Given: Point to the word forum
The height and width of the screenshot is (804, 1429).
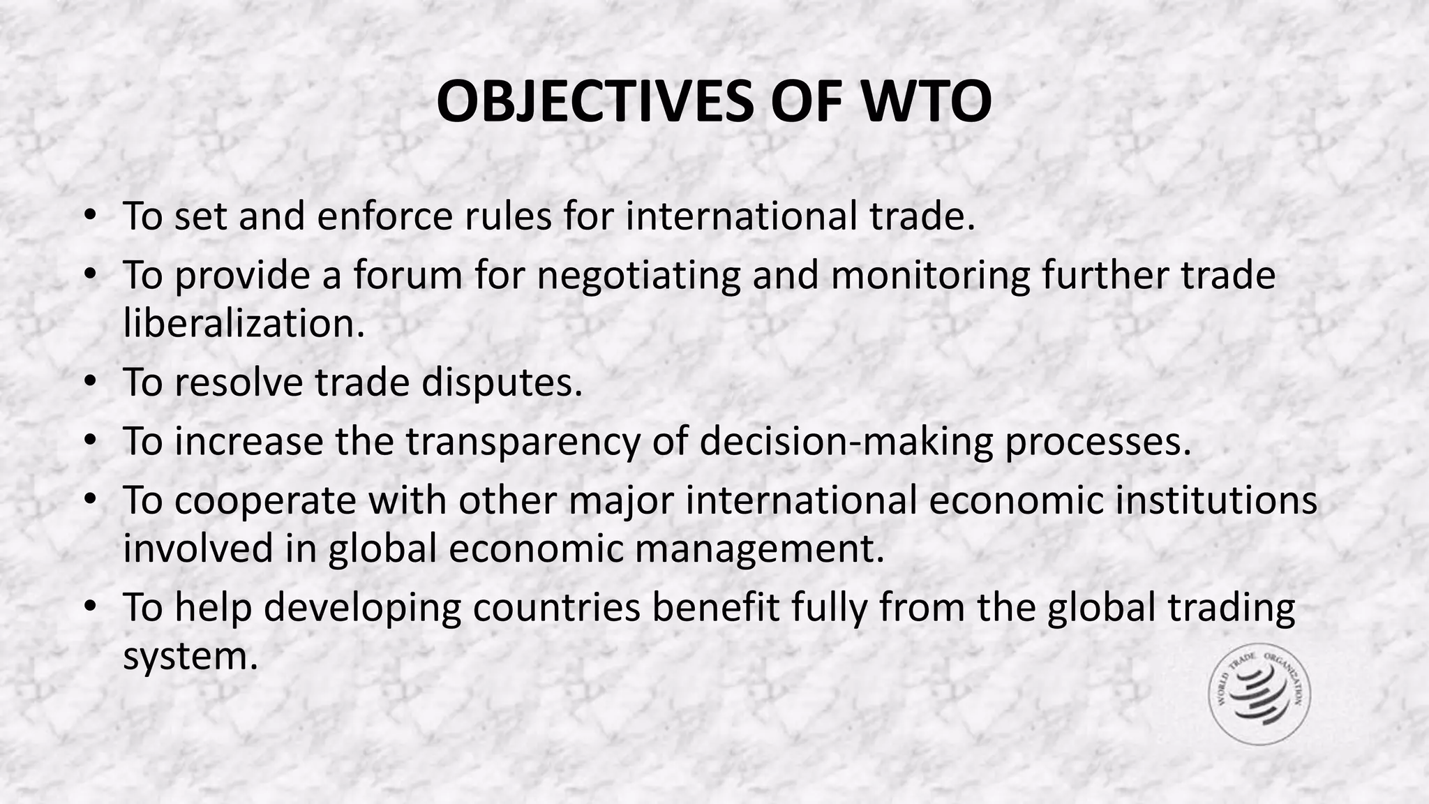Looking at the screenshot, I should coord(407,275).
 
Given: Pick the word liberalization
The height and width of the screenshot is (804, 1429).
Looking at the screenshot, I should coord(244,323).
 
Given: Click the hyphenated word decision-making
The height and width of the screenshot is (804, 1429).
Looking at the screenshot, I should coord(846,441).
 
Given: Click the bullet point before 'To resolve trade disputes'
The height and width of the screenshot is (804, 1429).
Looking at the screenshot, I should coord(89,382).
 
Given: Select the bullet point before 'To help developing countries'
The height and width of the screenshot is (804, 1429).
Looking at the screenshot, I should coord(89,607).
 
